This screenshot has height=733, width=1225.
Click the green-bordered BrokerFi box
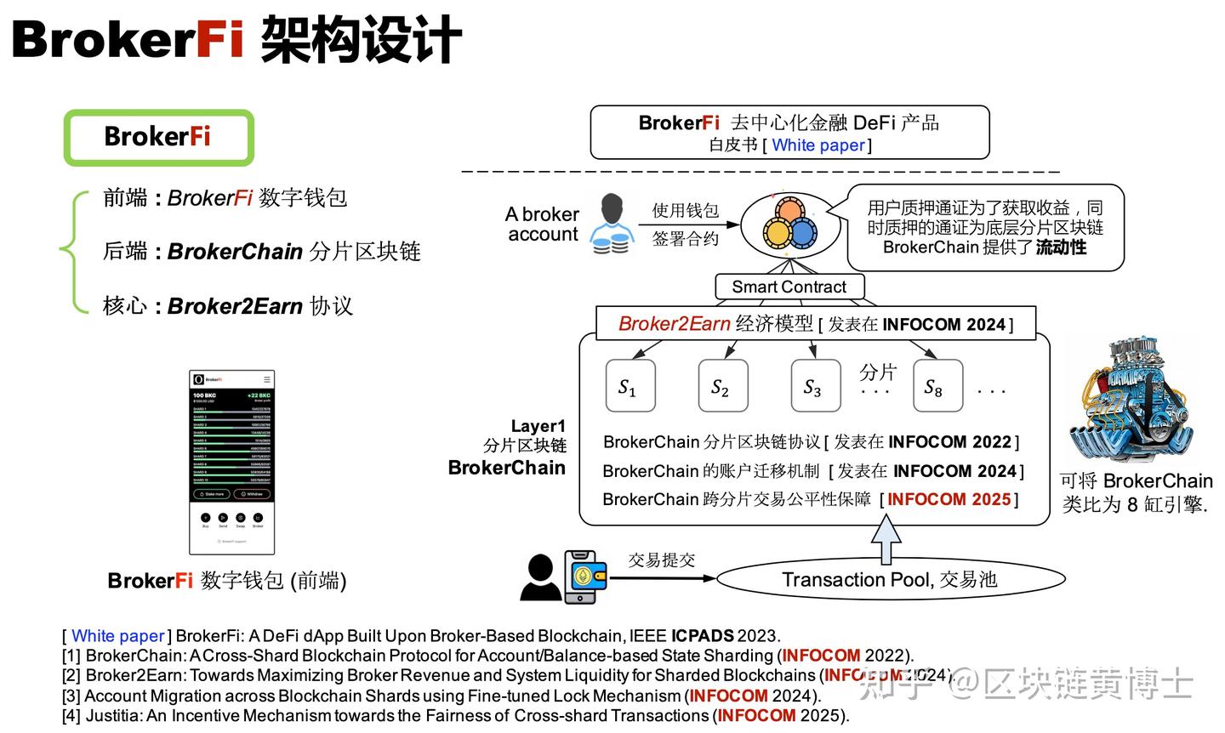point(159,137)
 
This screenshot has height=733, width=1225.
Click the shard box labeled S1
point(630,386)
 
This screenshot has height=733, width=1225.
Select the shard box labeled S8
point(937,386)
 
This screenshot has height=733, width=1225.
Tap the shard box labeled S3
point(816,386)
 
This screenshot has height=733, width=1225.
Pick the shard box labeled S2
point(723,386)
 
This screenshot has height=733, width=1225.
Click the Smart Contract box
point(789,287)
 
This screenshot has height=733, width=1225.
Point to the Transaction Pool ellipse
point(890,580)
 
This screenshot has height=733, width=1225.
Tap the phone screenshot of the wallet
point(231,462)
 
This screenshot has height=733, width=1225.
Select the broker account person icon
point(612,224)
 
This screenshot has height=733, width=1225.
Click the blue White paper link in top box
point(818,145)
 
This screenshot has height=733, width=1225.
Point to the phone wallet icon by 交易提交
point(585,577)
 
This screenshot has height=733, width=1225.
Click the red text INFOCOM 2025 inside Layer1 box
point(949,499)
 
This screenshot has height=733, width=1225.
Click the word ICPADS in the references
point(702,635)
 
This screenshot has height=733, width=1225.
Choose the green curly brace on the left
point(73,252)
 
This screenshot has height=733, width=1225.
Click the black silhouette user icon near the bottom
point(540,577)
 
